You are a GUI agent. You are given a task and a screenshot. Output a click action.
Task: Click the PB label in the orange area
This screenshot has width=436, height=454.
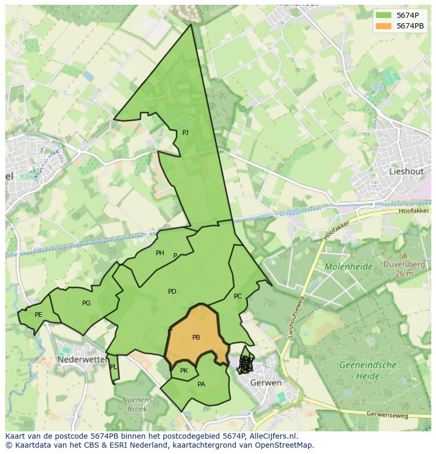[x=196, y=337]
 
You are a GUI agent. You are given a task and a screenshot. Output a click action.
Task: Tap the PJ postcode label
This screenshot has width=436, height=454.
[x=185, y=133]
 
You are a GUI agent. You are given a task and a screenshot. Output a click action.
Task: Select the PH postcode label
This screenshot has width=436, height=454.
[x=160, y=253]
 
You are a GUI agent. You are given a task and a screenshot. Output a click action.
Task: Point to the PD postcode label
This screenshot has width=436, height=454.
[x=172, y=292]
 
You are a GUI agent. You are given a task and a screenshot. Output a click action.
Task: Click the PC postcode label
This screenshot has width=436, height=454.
[x=237, y=296]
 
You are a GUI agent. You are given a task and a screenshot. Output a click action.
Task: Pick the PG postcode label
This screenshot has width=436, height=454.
[x=86, y=303]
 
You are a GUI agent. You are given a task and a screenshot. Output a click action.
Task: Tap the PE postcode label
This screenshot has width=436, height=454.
[x=38, y=315]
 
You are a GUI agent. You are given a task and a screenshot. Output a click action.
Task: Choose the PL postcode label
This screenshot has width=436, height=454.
[x=113, y=367]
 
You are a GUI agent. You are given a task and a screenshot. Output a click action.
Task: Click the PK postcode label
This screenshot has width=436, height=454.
[x=184, y=371]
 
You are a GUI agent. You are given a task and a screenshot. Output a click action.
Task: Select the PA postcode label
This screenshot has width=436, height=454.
[x=201, y=384]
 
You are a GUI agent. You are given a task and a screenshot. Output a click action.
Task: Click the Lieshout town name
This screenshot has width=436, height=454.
[x=406, y=171]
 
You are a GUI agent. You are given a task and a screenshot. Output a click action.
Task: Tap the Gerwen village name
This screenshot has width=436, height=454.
[x=266, y=382]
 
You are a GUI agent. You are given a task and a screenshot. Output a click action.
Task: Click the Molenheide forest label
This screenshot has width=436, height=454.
[x=349, y=267]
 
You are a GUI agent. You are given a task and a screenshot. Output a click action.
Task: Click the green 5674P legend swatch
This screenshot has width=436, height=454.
[x=384, y=15]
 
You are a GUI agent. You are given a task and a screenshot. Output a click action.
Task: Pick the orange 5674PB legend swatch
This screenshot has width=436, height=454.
[x=384, y=26]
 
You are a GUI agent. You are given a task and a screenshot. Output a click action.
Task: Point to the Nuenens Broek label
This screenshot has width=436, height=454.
[x=137, y=403]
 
